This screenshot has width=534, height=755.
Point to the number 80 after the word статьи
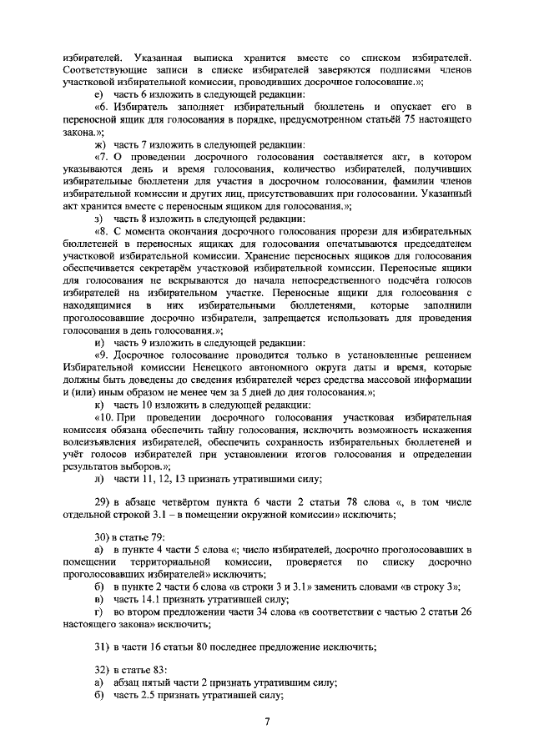pyautogui.click(x=204, y=647)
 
